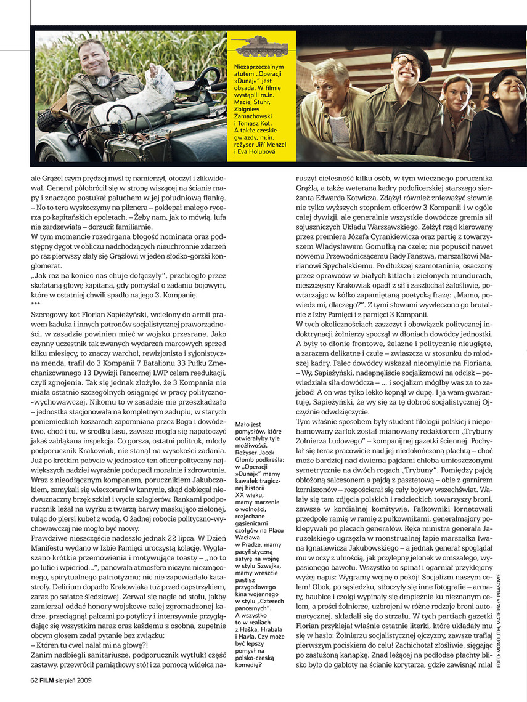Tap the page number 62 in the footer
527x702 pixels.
pos(35,680)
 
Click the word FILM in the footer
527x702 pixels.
pos(51,680)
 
